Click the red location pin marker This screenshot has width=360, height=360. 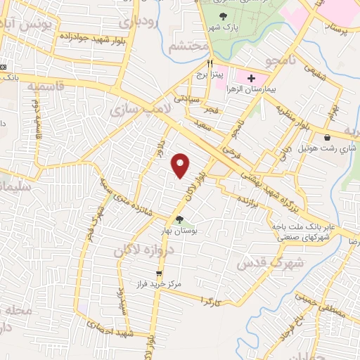click(181, 165)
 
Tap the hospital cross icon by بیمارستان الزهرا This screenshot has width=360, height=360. click(252, 77)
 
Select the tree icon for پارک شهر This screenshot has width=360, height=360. click(224, 16)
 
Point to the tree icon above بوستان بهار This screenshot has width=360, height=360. click(180, 220)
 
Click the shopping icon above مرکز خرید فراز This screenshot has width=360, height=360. click(160, 272)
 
